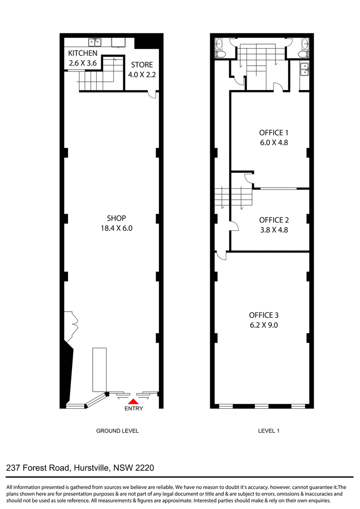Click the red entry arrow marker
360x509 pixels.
[x=133, y=402]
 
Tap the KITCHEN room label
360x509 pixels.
[x=82, y=53]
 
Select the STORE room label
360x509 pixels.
[x=142, y=65]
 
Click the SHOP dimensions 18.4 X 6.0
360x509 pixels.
[x=116, y=228]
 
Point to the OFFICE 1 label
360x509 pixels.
[x=274, y=133]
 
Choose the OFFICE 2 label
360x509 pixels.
[x=274, y=220]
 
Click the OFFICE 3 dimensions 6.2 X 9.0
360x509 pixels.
[x=264, y=325]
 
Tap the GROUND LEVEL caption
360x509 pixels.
[x=117, y=431]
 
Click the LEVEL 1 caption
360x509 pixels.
[x=269, y=431]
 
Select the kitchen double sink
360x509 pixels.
[x=94, y=42]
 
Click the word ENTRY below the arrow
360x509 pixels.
[x=134, y=408]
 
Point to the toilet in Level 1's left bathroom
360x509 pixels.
[x=220, y=54]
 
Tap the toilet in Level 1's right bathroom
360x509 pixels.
[x=304, y=54]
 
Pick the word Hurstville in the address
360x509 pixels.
[x=92, y=468]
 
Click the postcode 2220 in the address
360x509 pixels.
[x=144, y=468]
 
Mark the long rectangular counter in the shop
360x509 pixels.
[x=99, y=370]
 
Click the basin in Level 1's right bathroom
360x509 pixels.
[x=305, y=43]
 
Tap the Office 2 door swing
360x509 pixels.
[x=234, y=226]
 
